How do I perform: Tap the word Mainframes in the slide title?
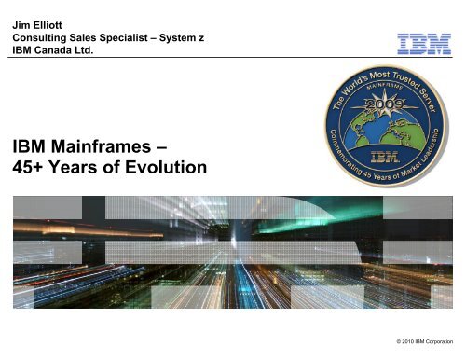119,146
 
